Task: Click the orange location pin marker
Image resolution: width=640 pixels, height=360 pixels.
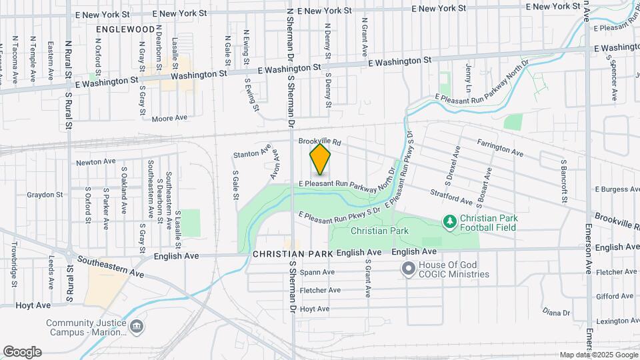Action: point(321,159)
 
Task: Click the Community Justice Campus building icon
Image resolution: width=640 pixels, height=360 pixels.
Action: point(136,327)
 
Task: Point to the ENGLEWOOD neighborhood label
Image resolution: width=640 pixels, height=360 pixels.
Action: point(125,30)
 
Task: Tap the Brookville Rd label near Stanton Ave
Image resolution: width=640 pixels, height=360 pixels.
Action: point(319,141)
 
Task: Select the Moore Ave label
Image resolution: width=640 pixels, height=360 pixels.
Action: point(169,118)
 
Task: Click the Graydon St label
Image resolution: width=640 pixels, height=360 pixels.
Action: point(44,195)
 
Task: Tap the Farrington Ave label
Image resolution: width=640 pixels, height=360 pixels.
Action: point(500,147)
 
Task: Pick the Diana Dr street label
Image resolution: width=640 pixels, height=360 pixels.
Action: point(556,312)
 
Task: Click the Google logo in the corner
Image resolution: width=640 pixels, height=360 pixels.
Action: point(22,352)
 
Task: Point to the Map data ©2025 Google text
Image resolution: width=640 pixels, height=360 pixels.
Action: point(597,355)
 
